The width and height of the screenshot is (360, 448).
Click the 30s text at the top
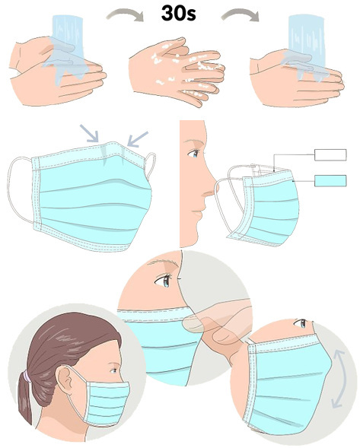click(x=179, y=14)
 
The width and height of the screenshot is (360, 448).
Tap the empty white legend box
click(x=330, y=154)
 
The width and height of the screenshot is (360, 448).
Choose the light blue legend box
click(x=330, y=180)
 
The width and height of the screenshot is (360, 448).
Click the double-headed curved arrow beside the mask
click(x=339, y=379)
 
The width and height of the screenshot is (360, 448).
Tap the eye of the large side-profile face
click(x=193, y=154)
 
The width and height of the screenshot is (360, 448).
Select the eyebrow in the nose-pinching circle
click(x=162, y=262)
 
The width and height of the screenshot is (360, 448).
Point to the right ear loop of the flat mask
click(x=151, y=165)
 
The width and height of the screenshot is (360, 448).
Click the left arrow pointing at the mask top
click(x=89, y=132)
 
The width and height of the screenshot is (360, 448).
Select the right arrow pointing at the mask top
click(x=138, y=139)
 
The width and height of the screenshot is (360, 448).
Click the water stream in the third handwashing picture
click(x=305, y=46)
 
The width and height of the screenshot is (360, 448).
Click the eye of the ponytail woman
click(x=114, y=370)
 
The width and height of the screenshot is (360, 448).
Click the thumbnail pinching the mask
click(x=193, y=325)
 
